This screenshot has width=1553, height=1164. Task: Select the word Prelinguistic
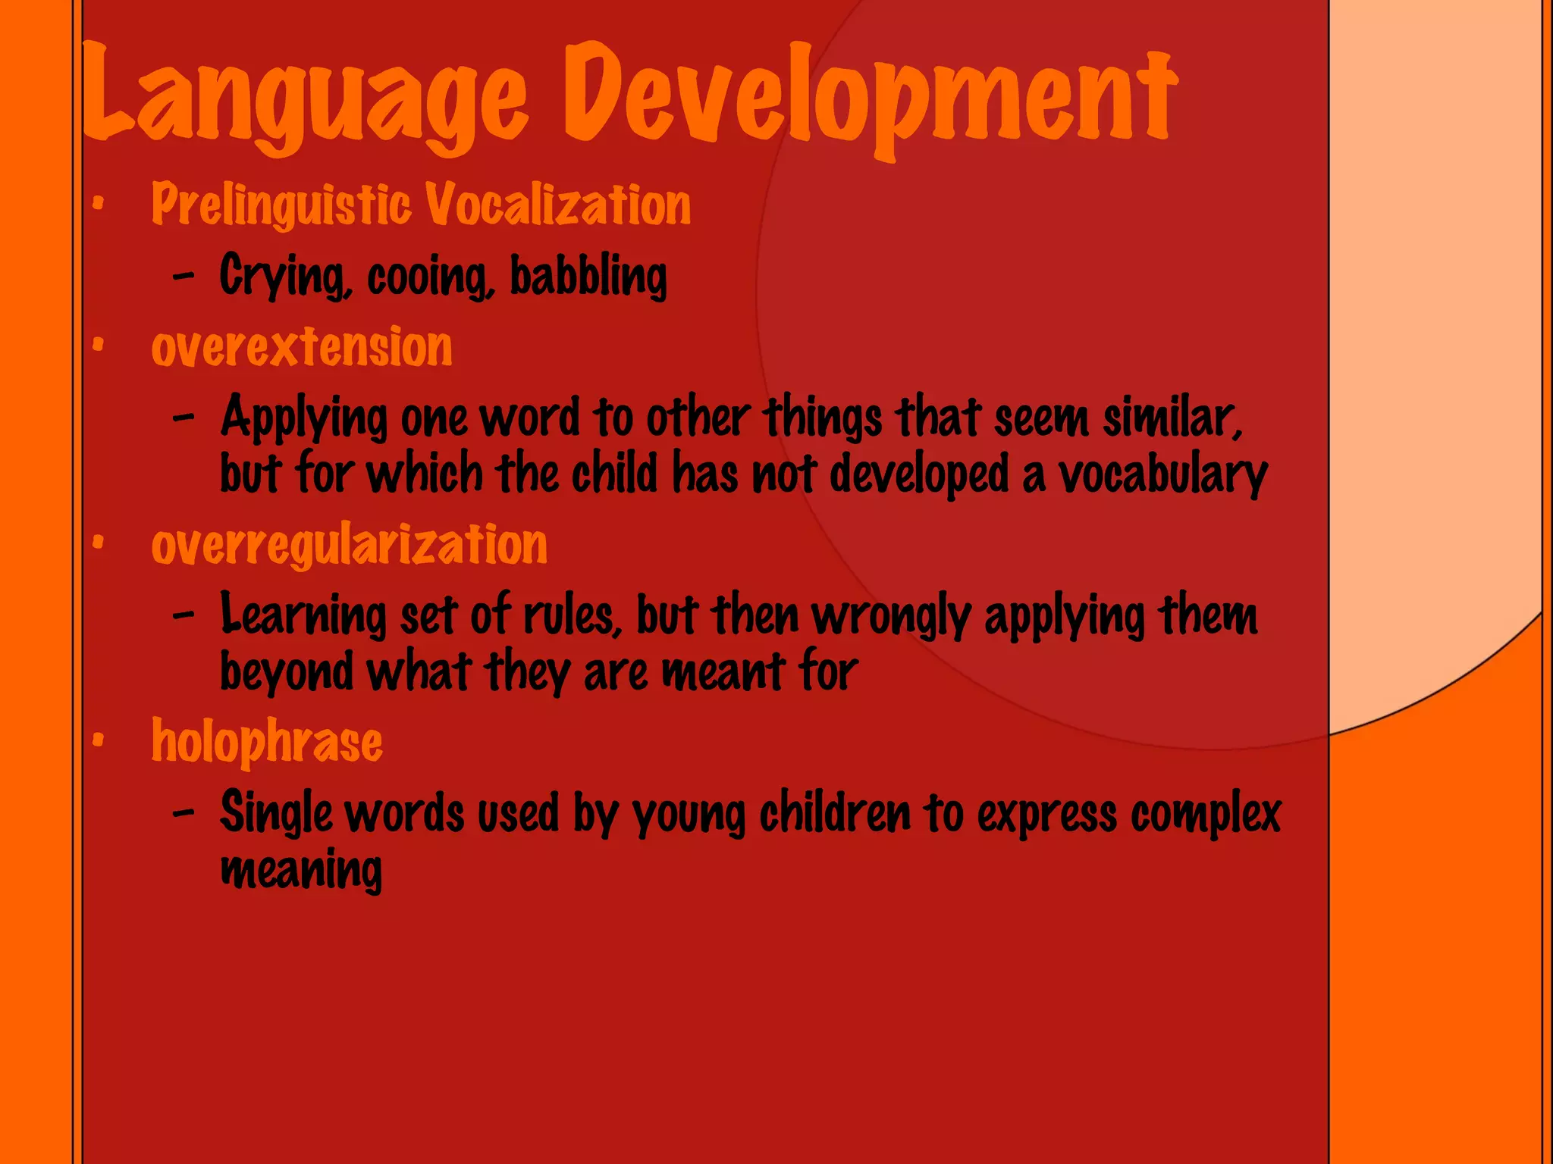(x=281, y=205)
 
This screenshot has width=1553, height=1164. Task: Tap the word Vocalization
(x=557, y=205)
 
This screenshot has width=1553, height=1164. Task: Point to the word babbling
(x=588, y=276)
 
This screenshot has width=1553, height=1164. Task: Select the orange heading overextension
(x=302, y=347)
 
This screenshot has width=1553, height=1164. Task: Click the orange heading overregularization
(x=349, y=545)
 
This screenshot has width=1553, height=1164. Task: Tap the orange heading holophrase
(x=267, y=742)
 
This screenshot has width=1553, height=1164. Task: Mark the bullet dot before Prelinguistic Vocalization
(x=97, y=203)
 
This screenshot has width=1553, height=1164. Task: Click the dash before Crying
(x=184, y=277)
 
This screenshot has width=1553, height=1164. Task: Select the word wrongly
(x=892, y=615)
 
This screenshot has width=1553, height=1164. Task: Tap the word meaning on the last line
(x=301, y=869)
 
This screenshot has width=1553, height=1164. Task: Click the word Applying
(x=303, y=419)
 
